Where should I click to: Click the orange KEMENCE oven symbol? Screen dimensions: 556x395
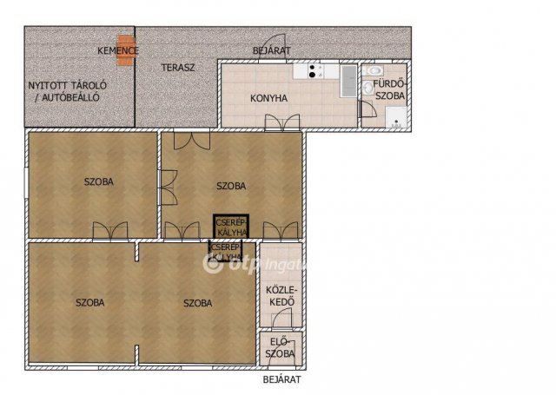point(126,50)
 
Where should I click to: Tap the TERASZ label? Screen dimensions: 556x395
point(178,68)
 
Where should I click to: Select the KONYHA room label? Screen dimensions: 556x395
point(268,98)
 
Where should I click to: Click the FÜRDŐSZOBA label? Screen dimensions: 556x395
point(389,90)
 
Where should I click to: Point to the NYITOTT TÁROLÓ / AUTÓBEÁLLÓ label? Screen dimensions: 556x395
point(68,91)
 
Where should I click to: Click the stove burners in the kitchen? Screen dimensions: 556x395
point(312,71)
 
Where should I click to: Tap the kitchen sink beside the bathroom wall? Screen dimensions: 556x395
point(348,81)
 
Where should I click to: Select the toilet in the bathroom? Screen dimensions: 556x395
point(374,70)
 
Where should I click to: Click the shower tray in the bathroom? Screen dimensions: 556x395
point(396,117)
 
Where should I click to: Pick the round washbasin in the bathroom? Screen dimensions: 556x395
point(368,87)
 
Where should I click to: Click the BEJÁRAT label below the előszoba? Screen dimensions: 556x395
point(281,379)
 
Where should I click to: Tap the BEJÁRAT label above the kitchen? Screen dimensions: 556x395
point(272,50)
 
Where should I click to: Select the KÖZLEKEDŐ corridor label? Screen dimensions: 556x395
point(281,296)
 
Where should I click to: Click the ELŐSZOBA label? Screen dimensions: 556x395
point(280,348)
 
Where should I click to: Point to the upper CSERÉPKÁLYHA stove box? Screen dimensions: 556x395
point(231,227)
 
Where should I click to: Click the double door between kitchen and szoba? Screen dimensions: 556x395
point(282,122)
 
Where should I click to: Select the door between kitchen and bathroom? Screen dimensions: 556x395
point(367,109)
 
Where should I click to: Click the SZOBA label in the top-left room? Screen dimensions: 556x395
point(98,181)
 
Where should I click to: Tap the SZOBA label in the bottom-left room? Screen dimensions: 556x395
point(90,302)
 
